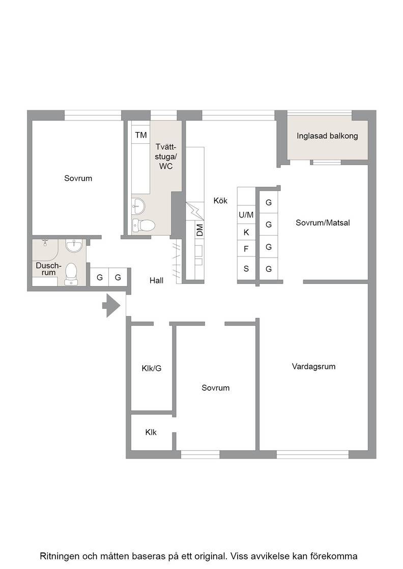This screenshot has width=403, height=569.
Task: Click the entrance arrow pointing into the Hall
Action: pyautogui.click(x=111, y=305)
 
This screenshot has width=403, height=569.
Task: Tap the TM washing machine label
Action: pyautogui.click(x=141, y=135)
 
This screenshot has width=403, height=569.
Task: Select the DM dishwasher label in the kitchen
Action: pyautogui.click(x=200, y=231)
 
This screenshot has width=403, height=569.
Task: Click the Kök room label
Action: pyautogui.click(x=220, y=200)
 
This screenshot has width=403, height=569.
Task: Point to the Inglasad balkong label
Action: pyautogui.click(x=327, y=136)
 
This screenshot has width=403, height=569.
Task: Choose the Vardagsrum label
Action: pyautogui.click(x=313, y=366)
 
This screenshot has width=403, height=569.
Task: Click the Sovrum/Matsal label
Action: pyautogui.click(x=323, y=223)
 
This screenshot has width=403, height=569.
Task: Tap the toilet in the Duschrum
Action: pyautogui.click(x=71, y=274)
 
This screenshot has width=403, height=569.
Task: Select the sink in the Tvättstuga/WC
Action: pyautogui.click(x=138, y=206)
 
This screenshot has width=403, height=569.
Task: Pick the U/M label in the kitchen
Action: pyautogui.click(x=246, y=215)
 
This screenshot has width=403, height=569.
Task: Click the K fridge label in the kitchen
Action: pyautogui.click(x=246, y=232)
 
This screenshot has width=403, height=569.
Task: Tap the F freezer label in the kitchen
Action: pyautogui.click(x=246, y=249)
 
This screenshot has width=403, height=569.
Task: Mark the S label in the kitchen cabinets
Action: pyautogui.click(x=246, y=269)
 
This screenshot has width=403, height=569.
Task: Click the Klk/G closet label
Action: pyautogui.click(x=152, y=368)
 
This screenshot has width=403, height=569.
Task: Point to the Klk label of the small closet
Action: pyautogui.click(x=151, y=432)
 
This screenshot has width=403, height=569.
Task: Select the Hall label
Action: pyautogui.click(x=156, y=280)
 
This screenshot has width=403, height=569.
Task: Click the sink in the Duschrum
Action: pyautogui.click(x=74, y=246)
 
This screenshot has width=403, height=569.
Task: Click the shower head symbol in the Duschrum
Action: pyautogui.click(x=45, y=242)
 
